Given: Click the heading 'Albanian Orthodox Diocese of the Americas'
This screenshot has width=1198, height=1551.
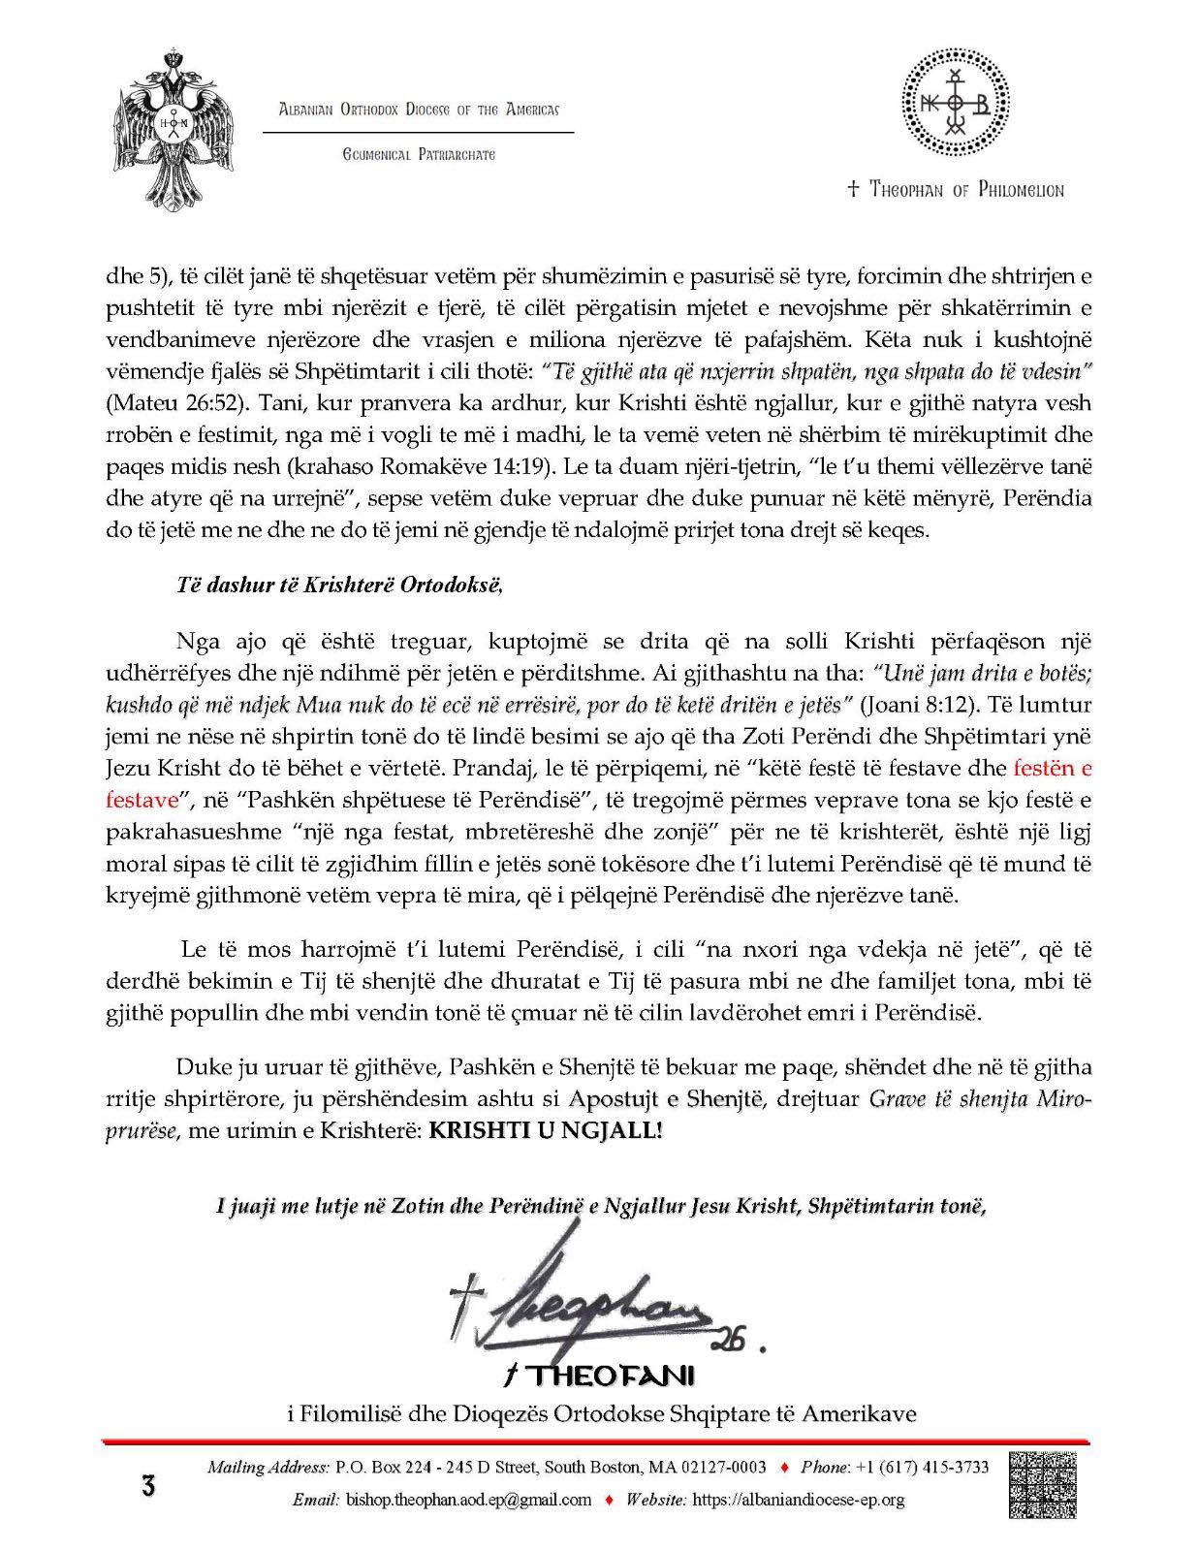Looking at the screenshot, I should point(419,109).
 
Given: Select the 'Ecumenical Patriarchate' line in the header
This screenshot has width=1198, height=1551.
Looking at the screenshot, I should point(419,154).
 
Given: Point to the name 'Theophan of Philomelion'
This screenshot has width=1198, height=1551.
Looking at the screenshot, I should point(955,190).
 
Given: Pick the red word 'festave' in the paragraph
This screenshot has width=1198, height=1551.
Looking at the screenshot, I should point(142,801).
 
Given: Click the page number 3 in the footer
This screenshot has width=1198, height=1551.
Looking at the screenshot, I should point(148,1485).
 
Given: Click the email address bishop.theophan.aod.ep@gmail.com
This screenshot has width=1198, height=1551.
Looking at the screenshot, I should point(467,1500).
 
